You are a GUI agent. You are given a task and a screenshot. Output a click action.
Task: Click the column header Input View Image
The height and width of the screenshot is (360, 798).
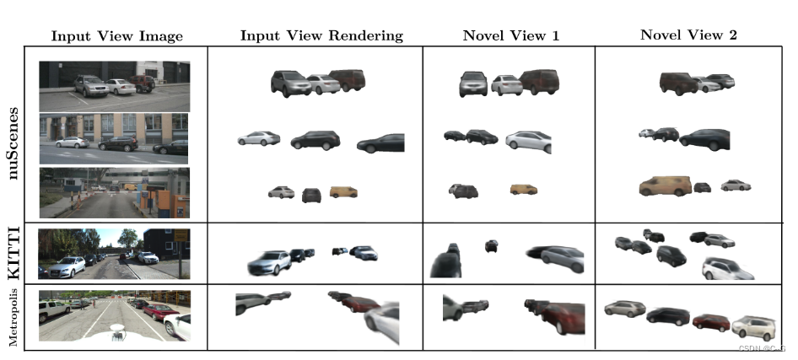[116, 35]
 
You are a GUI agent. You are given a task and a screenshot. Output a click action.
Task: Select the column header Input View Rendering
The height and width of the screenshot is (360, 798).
[321, 35]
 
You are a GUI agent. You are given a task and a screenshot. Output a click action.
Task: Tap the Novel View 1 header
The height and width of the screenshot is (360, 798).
[510, 35]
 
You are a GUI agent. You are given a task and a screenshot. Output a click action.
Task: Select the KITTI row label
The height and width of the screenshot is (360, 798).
[15, 251]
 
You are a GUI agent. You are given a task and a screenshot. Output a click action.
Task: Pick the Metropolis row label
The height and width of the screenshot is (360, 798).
[15, 315]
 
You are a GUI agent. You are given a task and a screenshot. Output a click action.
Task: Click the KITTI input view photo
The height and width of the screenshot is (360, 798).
[114, 253]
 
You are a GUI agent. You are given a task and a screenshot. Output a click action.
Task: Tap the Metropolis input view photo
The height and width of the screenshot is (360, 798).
[114, 315]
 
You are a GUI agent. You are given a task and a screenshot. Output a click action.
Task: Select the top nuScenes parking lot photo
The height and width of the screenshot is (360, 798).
[114, 85]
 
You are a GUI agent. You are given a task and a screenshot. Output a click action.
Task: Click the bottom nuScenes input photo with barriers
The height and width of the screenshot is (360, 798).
[114, 192]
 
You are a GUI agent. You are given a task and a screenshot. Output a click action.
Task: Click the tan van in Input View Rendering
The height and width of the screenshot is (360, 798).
[343, 192]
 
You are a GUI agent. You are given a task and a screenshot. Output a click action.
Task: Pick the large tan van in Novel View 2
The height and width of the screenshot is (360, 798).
[665, 185]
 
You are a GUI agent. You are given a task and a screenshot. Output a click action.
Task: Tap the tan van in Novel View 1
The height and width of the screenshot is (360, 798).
[523, 190]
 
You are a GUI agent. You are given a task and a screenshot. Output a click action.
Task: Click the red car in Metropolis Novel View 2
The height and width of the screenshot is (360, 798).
[709, 321]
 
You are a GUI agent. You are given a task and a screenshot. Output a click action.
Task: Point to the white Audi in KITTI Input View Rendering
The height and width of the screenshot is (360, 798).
[269, 263]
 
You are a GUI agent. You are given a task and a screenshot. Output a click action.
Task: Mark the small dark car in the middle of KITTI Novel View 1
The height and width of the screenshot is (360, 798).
[491, 245]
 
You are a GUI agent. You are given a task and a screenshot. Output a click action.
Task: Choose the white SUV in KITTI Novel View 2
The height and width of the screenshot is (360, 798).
[727, 269]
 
